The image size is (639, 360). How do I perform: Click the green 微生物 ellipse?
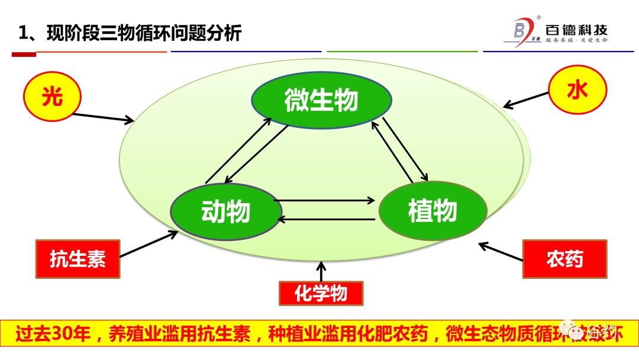pyautogui.click(x=321, y=100)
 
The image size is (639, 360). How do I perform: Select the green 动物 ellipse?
pyautogui.click(x=225, y=211)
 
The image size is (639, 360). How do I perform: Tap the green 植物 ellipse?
pyautogui.click(x=433, y=211)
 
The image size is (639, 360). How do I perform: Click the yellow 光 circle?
pyautogui.click(x=51, y=97)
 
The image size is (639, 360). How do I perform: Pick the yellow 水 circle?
pyautogui.click(x=577, y=91)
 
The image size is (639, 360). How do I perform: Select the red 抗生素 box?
pyautogui.click(x=78, y=259)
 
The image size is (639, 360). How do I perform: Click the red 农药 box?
pyautogui.click(x=564, y=259)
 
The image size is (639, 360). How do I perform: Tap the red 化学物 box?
pyautogui.click(x=321, y=292)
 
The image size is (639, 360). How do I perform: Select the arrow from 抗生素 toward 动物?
pyautogui.click(x=149, y=244)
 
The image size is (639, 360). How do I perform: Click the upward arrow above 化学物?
pyautogui.click(x=321, y=272)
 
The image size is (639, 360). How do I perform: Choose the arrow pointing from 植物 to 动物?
pyautogui.click(x=327, y=220)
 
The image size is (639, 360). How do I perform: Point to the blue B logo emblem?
pyautogui.click(x=519, y=30)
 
